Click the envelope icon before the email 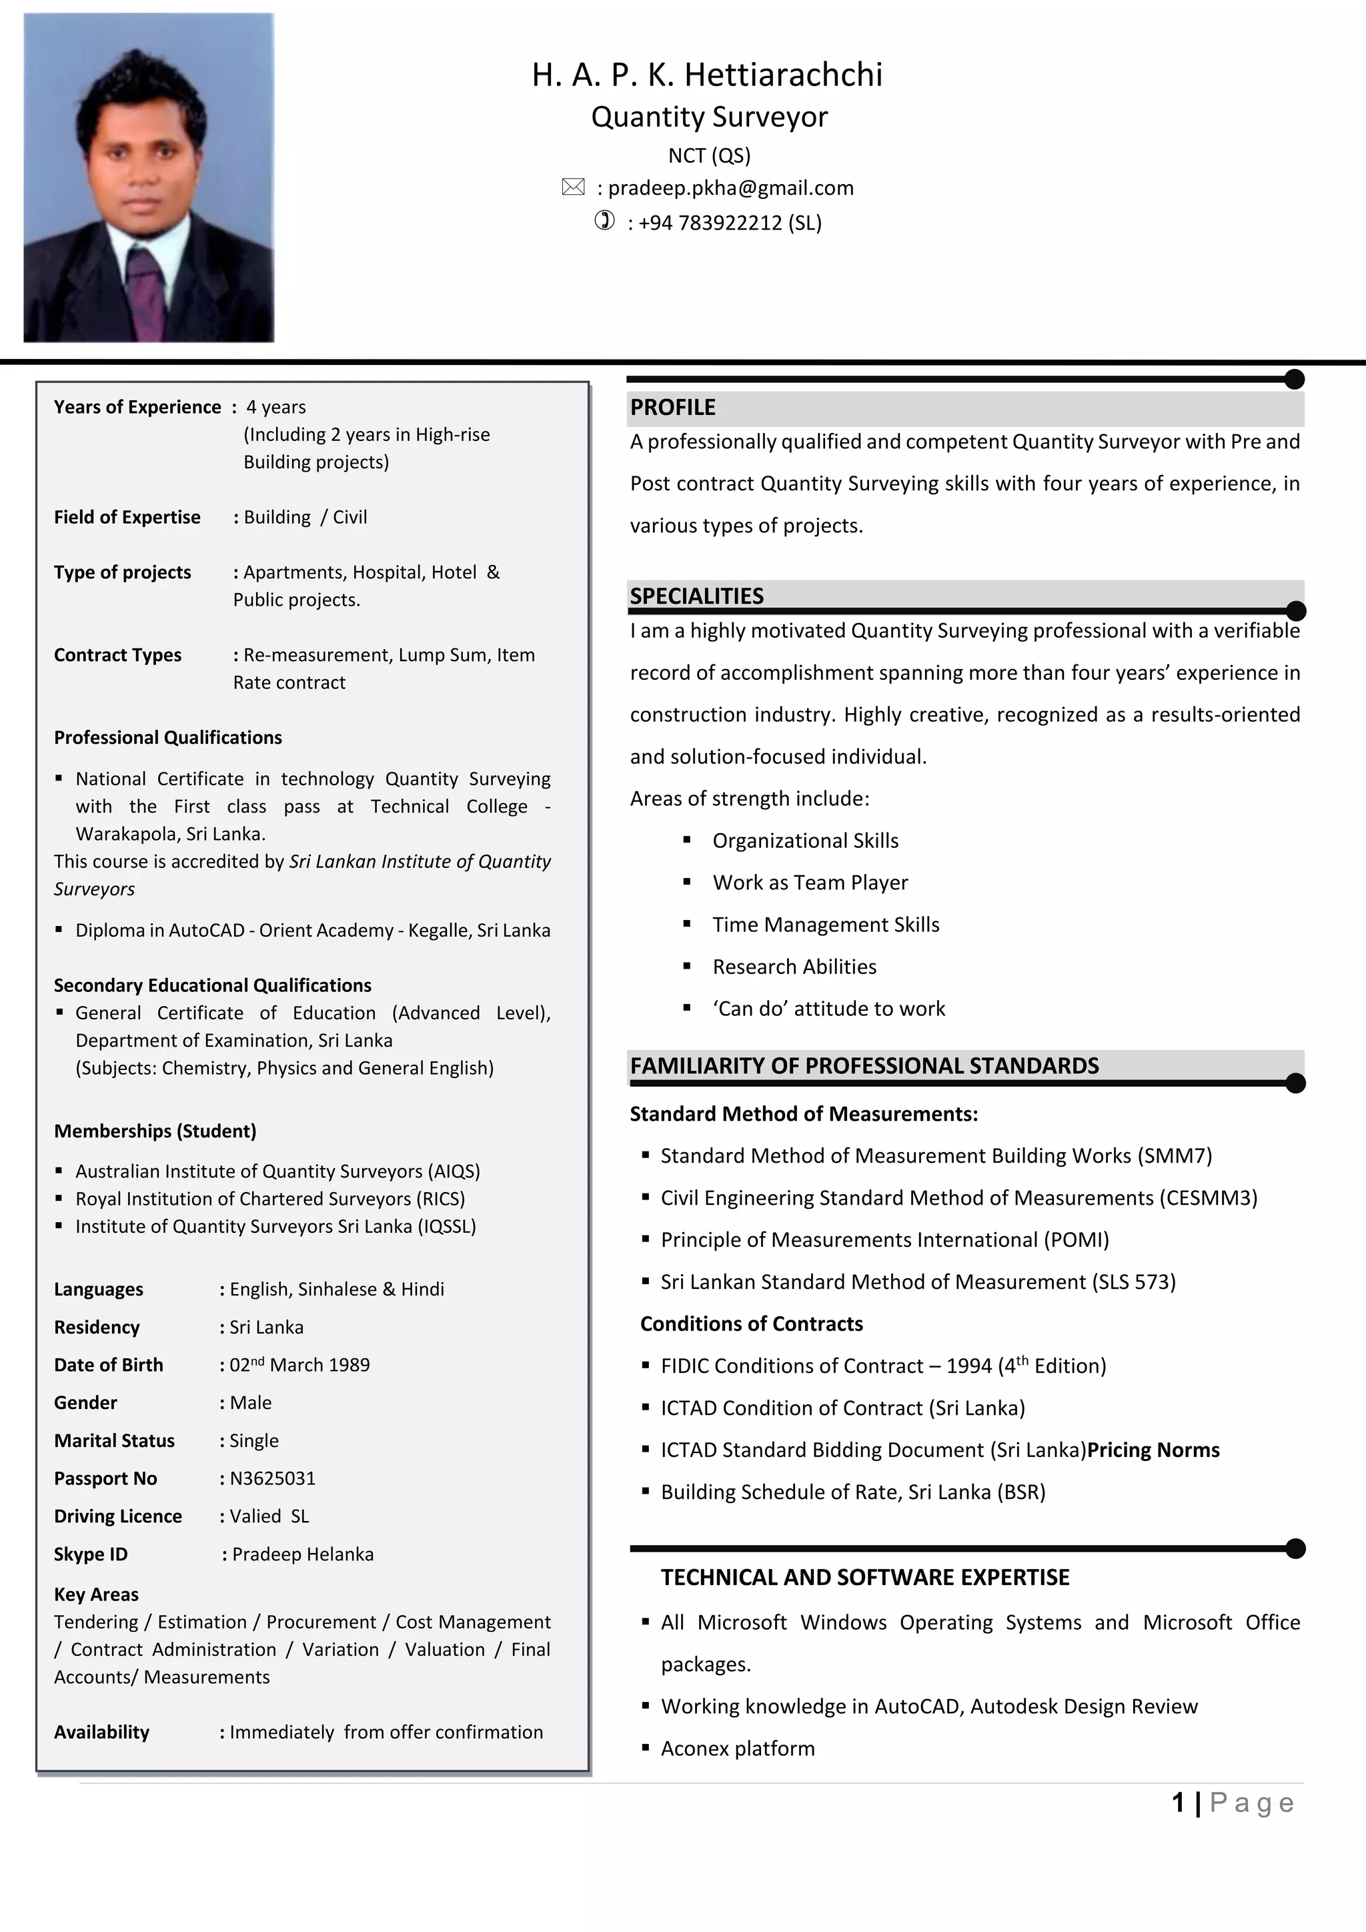pyautogui.click(x=573, y=187)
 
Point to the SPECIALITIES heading pyautogui.click(x=696, y=596)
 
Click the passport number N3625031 pyautogui.click(x=273, y=1478)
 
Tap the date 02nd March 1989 pyautogui.click(x=299, y=1364)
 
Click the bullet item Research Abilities pyautogui.click(x=794, y=966)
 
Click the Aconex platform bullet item pyautogui.click(x=738, y=1748)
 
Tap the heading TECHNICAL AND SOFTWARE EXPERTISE pyautogui.click(x=864, y=1577)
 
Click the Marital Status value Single pyautogui.click(x=254, y=1440)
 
